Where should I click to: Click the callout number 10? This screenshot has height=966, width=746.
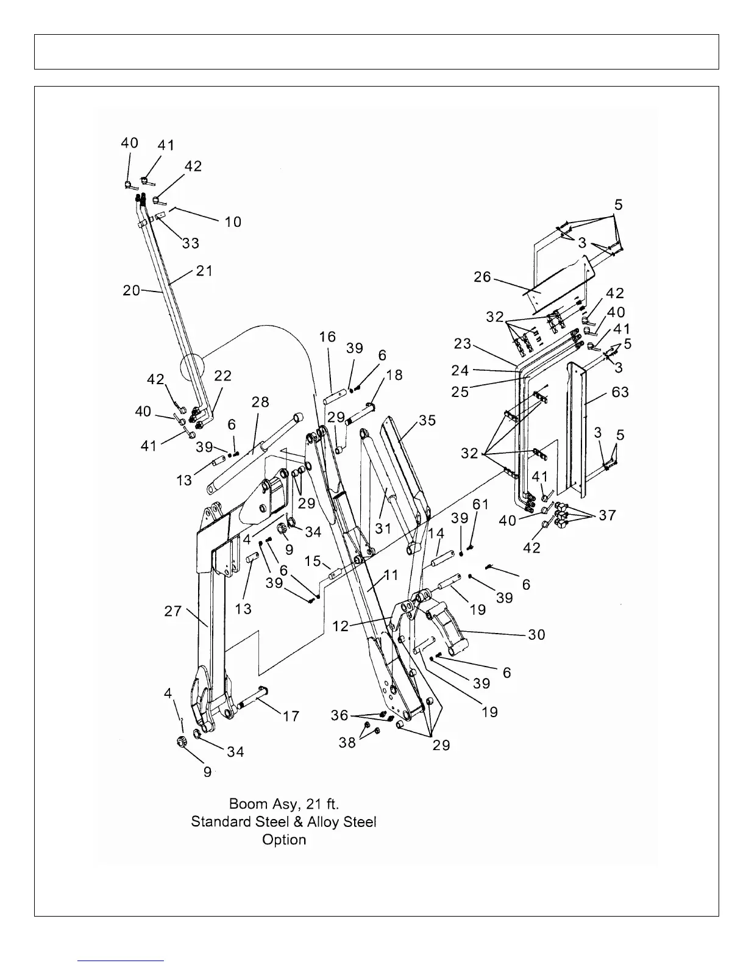click(x=233, y=221)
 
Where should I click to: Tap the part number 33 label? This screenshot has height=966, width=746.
click(x=190, y=243)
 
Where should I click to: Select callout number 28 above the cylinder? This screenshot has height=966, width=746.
click(x=260, y=403)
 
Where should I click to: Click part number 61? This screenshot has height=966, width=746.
click(x=480, y=504)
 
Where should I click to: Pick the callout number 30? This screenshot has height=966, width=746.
click(x=536, y=634)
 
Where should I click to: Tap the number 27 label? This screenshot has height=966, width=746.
click(x=173, y=610)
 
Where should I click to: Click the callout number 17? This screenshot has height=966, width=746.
click(x=291, y=715)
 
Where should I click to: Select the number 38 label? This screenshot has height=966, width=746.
click(x=347, y=743)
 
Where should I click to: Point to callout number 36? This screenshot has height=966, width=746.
click(x=339, y=714)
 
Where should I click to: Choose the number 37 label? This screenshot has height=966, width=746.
click(x=607, y=515)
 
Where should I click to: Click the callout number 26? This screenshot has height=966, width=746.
click(x=482, y=277)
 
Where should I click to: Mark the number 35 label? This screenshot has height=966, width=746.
click(x=427, y=421)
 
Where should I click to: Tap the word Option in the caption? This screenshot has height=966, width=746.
click(x=284, y=839)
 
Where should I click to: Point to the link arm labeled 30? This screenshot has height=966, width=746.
click(x=448, y=628)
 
